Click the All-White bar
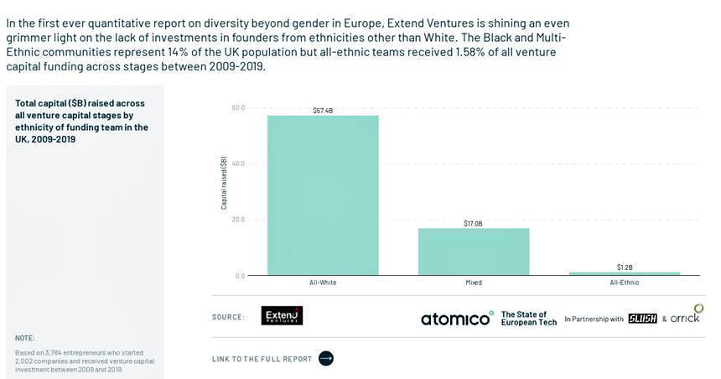[x=323, y=195]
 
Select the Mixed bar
[x=474, y=252]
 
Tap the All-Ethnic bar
[x=625, y=273]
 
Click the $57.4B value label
[x=323, y=110]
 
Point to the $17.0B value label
[x=474, y=223]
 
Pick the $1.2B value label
[x=625, y=267]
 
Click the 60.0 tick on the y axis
[x=238, y=107]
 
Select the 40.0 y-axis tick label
[x=238, y=164]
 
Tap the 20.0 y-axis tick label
[x=238, y=220]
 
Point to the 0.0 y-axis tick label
[x=240, y=276]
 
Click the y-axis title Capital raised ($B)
[x=224, y=183]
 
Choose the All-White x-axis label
[x=323, y=283]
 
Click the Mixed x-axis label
[x=474, y=283]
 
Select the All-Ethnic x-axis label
[x=625, y=283]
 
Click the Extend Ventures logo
[x=282, y=316]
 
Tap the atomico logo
[x=457, y=319]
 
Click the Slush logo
[x=642, y=319]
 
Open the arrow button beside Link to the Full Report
[x=326, y=359]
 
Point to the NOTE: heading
[x=25, y=338]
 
